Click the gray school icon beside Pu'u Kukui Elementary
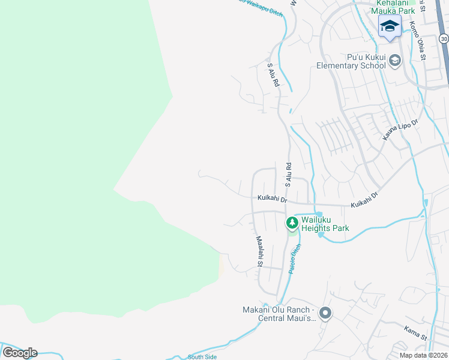tap(395, 60)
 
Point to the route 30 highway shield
tap(444, 38)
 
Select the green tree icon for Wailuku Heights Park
tap(292, 223)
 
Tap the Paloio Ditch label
tap(294, 259)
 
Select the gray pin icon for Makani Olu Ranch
tap(325, 313)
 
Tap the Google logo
tap(20, 352)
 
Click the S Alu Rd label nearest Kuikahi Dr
tap(288, 173)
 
